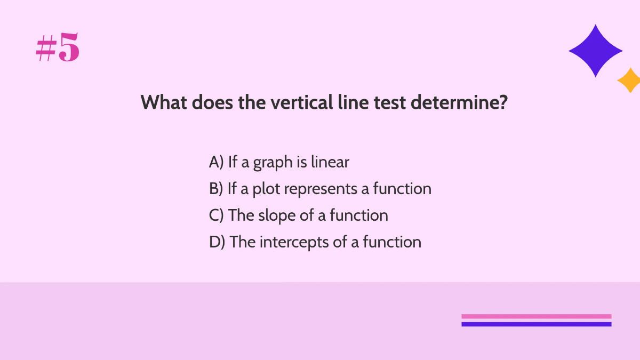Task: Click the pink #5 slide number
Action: tap(58, 49)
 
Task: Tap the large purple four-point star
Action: tap(595, 51)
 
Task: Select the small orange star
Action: tap(629, 81)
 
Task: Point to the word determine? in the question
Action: tap(459, 102)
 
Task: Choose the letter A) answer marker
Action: tap(216, 162)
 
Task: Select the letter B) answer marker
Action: tap(216, 189)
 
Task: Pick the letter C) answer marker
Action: tap(217, 215)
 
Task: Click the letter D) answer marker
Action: tap(217, 242)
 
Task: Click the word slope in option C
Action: tap(274, 215)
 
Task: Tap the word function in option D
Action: tap(392, 242)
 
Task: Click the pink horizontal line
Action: tap(536, 316)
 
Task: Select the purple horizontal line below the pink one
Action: tap(536, 324)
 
